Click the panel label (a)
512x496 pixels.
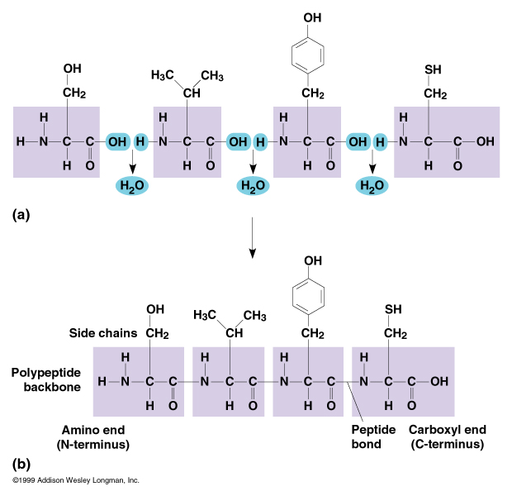pyautogui.click(x=22, y=214)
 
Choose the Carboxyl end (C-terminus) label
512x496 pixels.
pyautogui.click(x=447, y=437)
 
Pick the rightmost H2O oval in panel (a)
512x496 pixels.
pyautogui.click(x=373, y=186)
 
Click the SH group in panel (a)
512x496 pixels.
pyautogui.click(x=434, y=69)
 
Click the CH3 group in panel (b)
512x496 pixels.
pyautogui.click(x=254, y=316)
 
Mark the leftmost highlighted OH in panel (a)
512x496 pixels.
pyautogui.click(x=116, y=141)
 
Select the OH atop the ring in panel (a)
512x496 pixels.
pyautogui.click(x=312, y=17)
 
